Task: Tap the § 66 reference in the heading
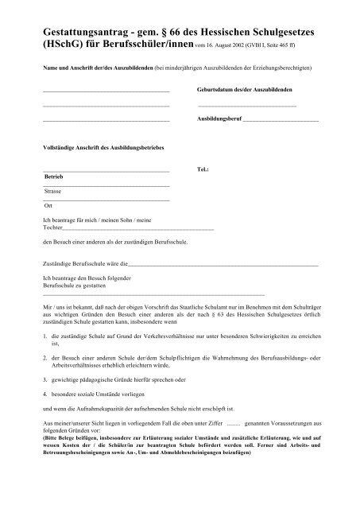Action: [x=183, y=29]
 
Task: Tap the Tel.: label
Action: [x=202, y=171]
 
